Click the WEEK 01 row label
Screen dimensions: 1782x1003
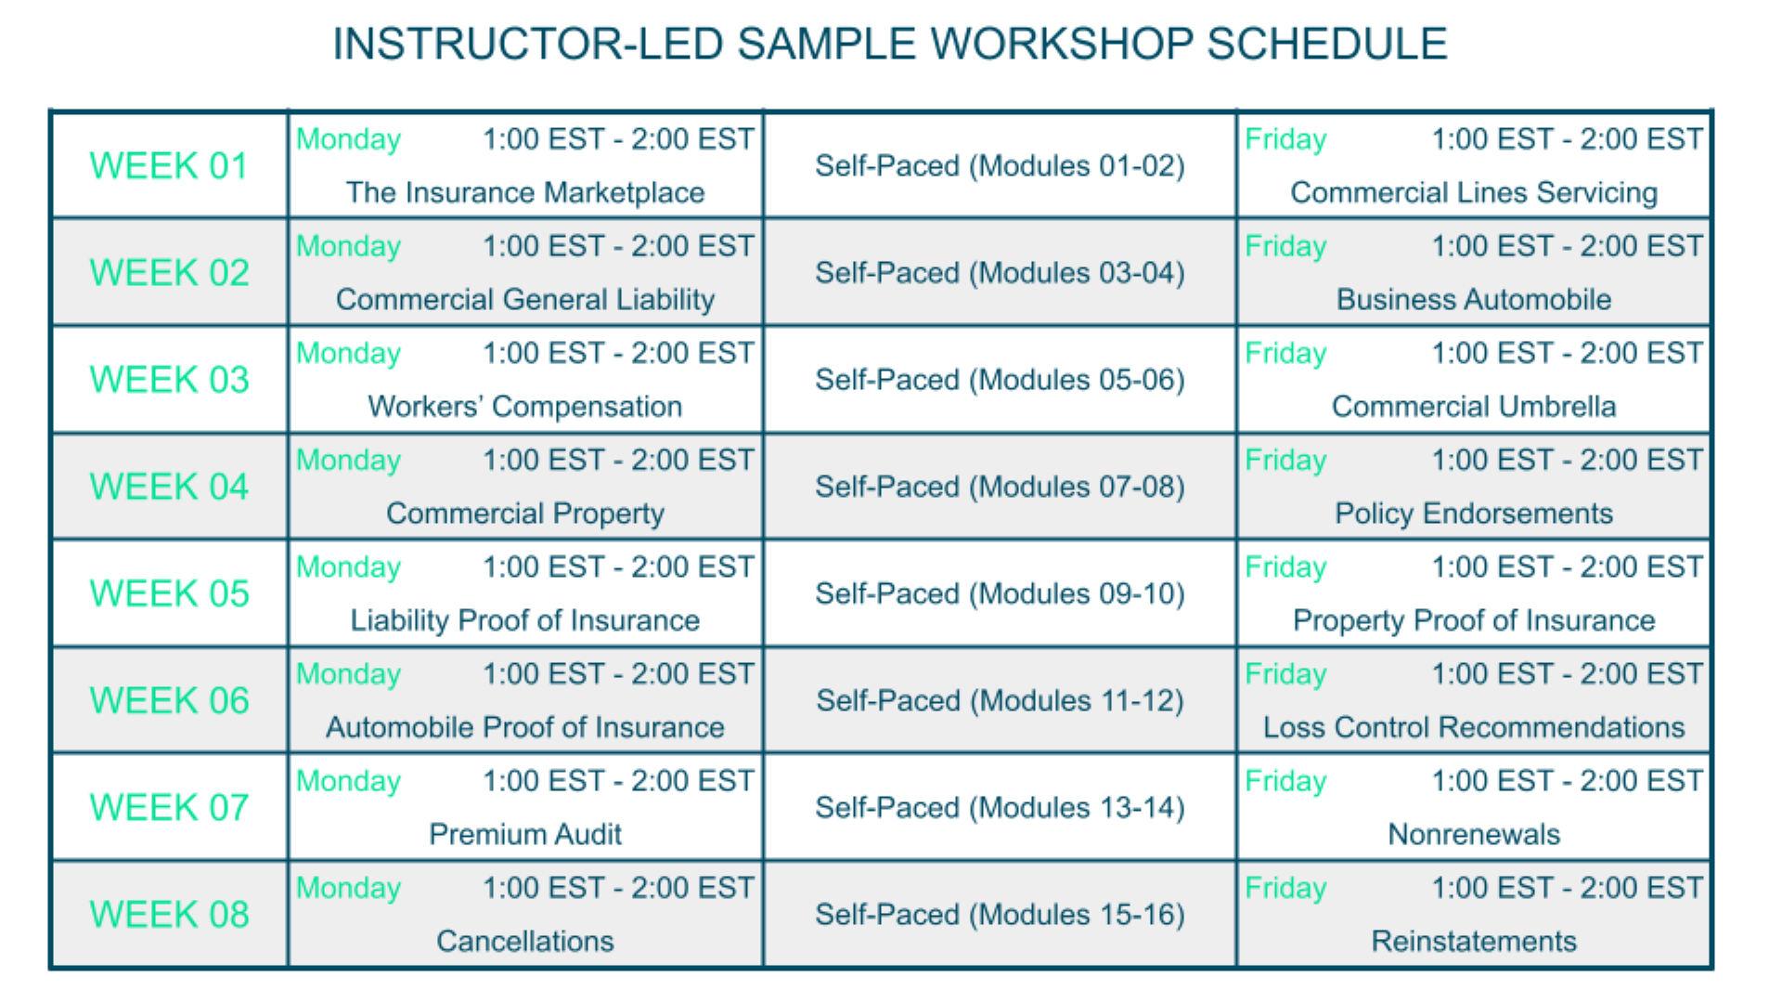[169, 166]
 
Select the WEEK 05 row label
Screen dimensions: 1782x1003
[169, 593]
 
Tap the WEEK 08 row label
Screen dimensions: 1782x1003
[169, 915]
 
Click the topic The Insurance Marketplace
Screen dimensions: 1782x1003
[525, 192]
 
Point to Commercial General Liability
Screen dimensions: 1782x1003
[525, 300]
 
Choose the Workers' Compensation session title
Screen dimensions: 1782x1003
[525, 407]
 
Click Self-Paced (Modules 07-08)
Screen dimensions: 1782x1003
[1000, 487]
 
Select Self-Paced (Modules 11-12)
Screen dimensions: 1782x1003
[1000, 700]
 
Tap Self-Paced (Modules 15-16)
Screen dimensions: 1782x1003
[1000, 915]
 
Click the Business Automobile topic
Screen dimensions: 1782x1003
[1474, 300]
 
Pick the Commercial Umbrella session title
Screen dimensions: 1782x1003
[1474, 407]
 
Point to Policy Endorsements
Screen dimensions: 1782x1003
[1474, 514]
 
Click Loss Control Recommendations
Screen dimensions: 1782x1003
[1474, 727]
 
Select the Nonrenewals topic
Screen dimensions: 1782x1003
[1474, 834]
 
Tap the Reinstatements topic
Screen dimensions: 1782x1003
[1474, 941]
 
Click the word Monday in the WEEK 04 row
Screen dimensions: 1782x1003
[348, 461]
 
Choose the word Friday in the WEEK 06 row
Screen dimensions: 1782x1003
[1285, 674]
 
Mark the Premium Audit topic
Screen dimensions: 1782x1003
[525, 834]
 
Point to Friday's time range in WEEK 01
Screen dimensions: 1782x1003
[1568, 139]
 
